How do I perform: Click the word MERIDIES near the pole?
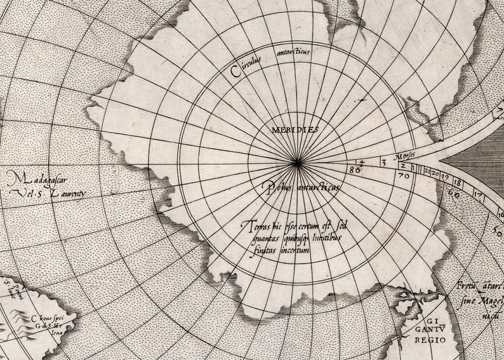coord(295,130)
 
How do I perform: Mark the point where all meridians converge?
coord(296,163)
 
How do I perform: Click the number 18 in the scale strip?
coord(457,183)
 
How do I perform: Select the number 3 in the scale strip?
coord(383,163)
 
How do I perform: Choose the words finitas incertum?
coord(275,250)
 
